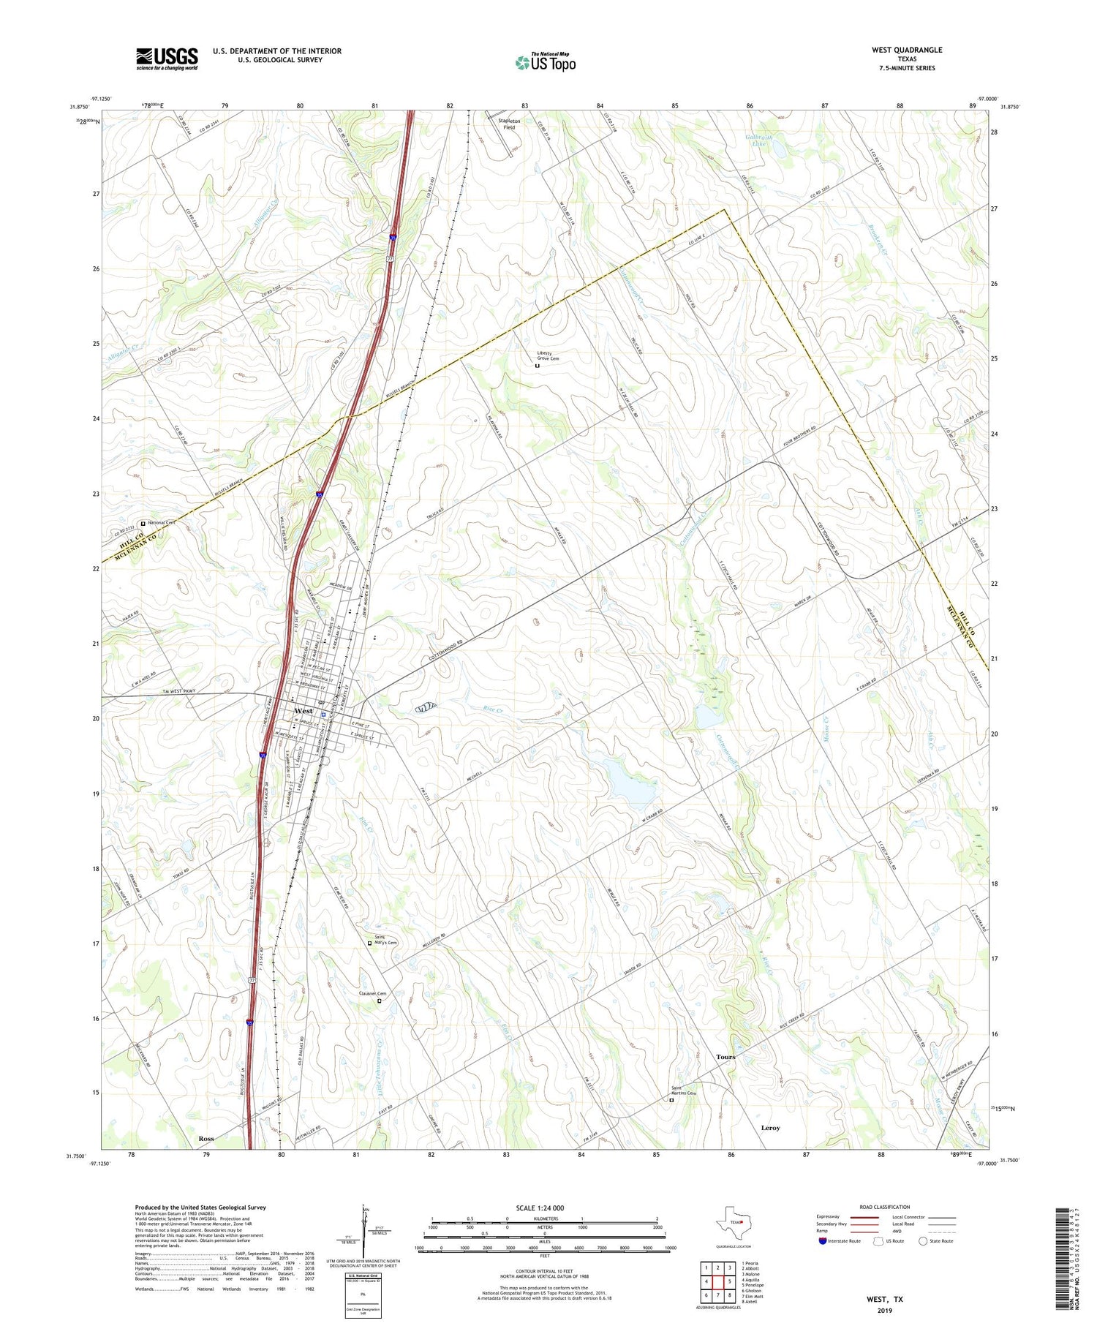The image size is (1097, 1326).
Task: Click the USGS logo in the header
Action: [x=167, y=59]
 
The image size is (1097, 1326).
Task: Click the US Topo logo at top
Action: [x=546, y=62]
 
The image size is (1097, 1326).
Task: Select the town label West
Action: [x=304, y=711]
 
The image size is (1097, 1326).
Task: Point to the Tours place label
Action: [x=725, y=1057]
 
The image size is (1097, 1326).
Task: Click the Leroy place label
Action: [x=770, y=1128]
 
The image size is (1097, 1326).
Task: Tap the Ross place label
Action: [x=206, y=1139]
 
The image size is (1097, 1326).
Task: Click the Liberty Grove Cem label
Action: [x=548, y=355]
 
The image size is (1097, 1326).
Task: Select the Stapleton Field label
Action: [x=509, y=124]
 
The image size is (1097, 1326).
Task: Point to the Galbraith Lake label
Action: [x=760, y=140]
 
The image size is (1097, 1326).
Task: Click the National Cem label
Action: [x=161, y=523]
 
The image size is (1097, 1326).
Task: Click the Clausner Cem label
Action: [x=372, y=993]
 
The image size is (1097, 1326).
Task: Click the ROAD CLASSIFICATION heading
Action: [x=885, y=1207]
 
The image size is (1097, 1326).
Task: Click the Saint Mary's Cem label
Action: [x=385, y=940]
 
